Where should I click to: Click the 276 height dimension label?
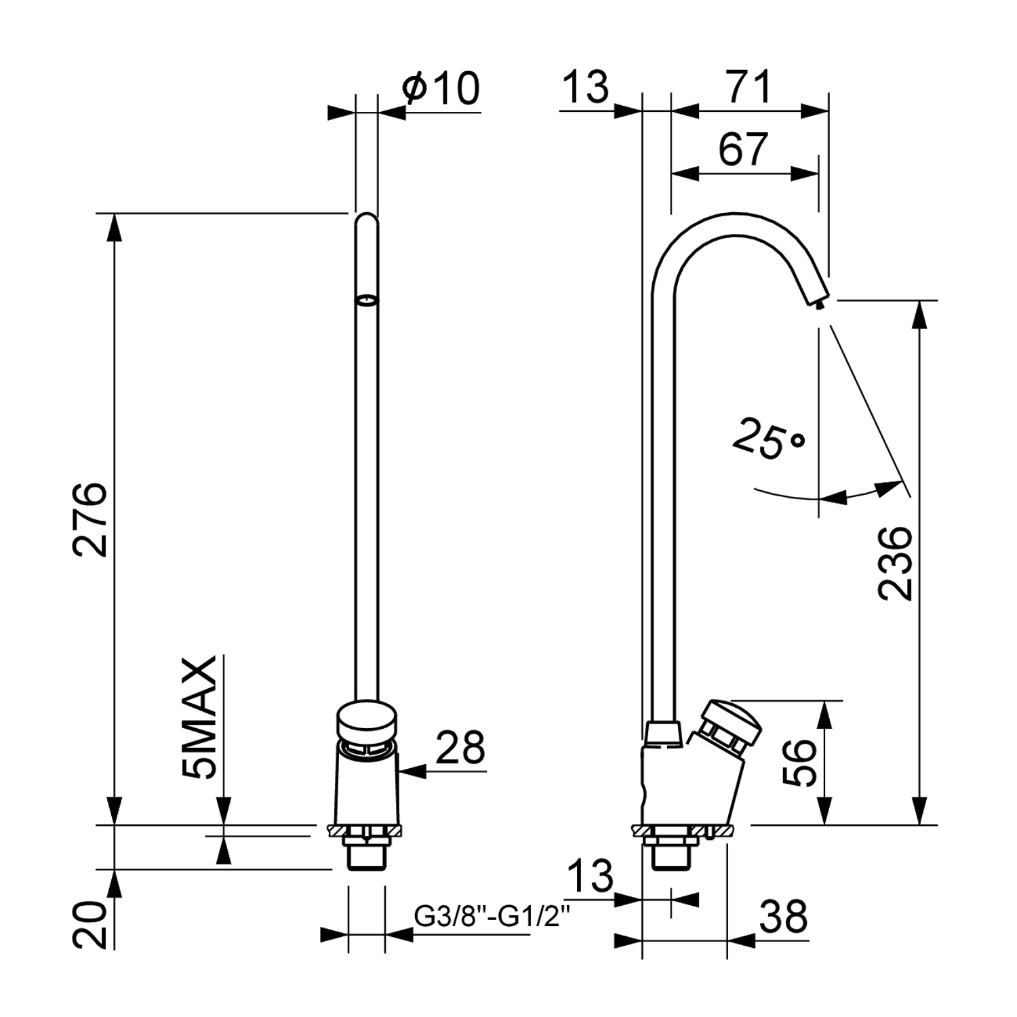click(x=90, y=519)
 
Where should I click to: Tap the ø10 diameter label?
click(x=441, y=88)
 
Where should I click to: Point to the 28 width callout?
click(x=460, y=747)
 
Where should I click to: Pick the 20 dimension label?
click(x=90, y=925)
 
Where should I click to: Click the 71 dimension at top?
click(x=749, y=87)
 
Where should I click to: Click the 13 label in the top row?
click(x=586, y=87)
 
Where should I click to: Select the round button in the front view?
click(x=366, y=721)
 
